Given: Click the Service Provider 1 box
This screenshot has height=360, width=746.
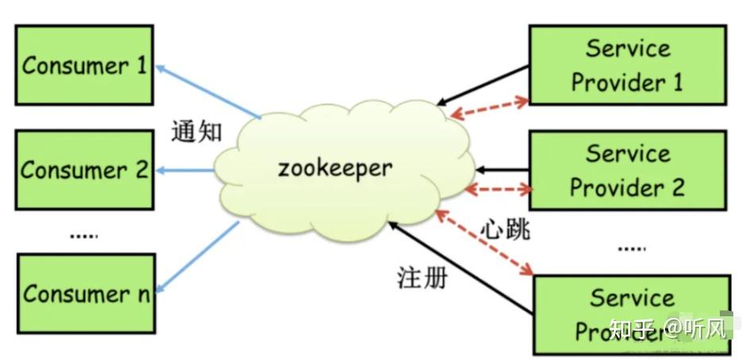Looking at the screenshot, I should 627,65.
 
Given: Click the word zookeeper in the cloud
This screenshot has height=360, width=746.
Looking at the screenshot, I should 334,168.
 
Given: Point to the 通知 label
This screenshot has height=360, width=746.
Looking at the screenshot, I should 197,130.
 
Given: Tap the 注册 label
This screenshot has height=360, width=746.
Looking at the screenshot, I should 422,277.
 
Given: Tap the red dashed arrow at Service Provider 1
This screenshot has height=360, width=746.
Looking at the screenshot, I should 489,109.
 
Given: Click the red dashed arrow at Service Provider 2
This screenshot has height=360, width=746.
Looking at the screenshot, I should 499,190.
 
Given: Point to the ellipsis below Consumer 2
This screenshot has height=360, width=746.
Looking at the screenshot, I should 83,234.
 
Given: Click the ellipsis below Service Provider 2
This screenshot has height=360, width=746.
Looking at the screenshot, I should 632,248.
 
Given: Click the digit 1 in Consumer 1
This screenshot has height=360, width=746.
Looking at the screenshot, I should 141,64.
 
